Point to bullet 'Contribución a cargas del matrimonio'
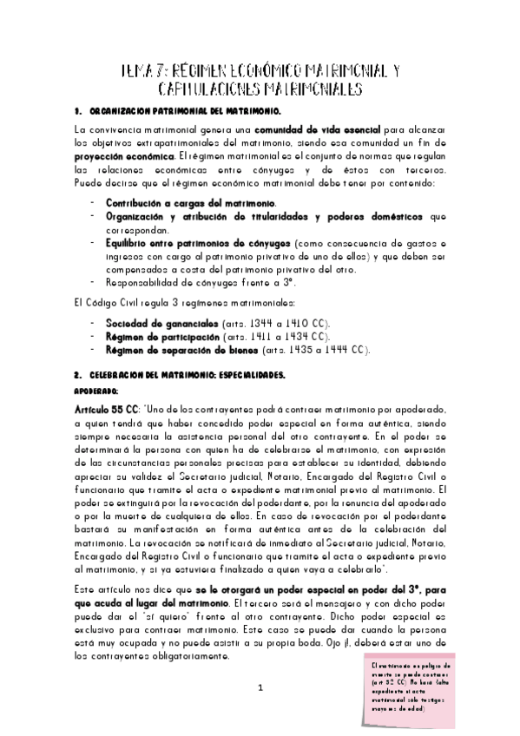click(x=164, y=201)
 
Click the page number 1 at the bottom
click(x=260, y=688)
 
